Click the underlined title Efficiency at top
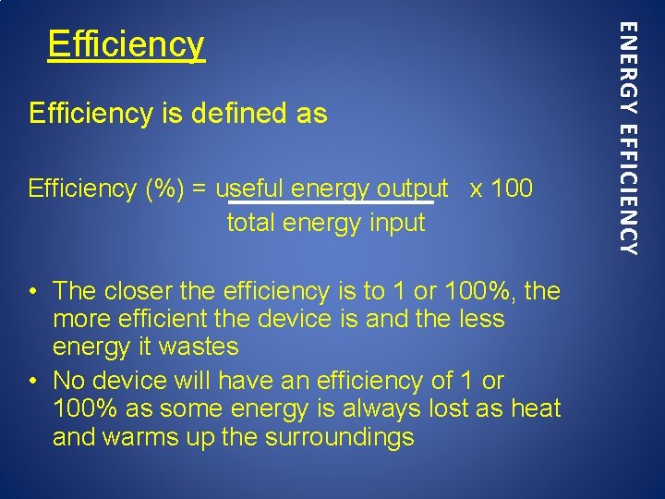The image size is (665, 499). tap(126, 43)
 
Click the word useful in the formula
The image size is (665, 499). tap(249, 189)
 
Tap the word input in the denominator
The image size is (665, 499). tap(396, 223)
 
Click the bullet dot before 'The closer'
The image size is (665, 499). tap(32, 292)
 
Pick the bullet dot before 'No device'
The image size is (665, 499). tap(32, 381)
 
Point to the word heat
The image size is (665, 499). tap(534, 408)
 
